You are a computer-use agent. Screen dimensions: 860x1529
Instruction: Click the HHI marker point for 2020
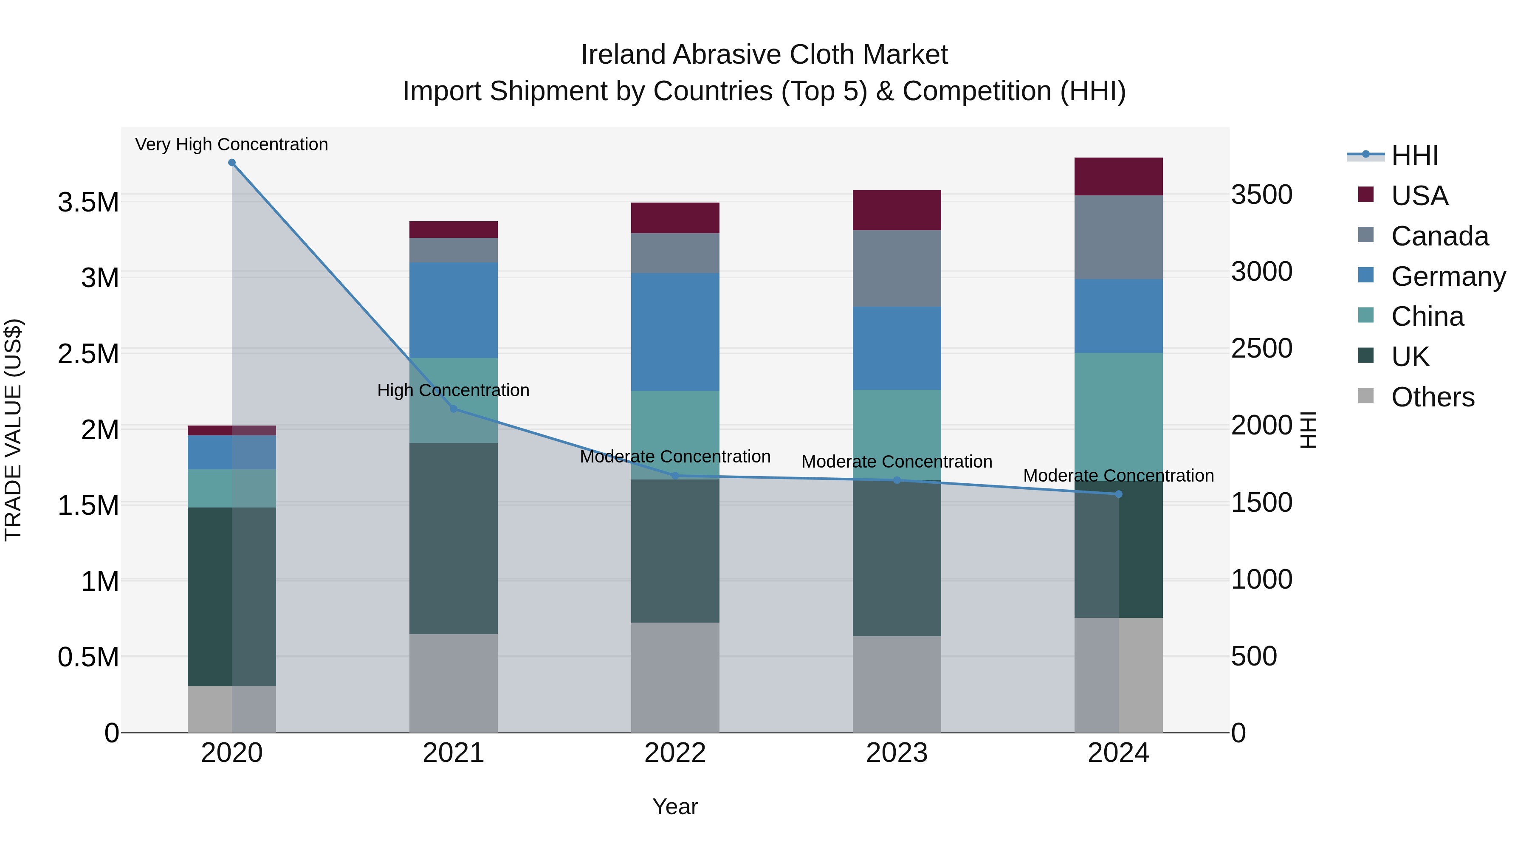[x=232, y=163]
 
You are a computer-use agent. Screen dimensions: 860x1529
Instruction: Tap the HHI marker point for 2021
[x=454, y=409]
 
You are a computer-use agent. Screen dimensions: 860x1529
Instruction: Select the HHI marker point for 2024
[x=1119, y=494]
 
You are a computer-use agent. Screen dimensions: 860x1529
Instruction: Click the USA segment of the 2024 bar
[x=1119, y=177]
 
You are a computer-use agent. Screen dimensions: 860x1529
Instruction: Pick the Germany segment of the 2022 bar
[x=675, y=332]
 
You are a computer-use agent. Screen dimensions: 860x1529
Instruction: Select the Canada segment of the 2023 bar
[x=897, y=268]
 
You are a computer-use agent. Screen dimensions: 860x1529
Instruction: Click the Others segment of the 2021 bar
[x=454, y=682]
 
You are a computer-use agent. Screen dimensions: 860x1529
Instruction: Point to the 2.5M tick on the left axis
[x=88, y=354]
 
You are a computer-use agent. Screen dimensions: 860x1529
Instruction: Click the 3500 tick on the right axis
[x=1262, y=195]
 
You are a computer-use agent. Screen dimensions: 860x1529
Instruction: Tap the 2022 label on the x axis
[x=675, y=753]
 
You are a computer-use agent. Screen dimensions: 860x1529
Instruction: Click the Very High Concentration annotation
[x=231, y=144]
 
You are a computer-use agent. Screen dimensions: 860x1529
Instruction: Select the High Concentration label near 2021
[x=454, y=390]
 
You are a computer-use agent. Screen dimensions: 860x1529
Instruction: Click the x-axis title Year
[x=675, y=806]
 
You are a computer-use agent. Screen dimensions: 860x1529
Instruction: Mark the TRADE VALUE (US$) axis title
[x=13, y=430]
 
